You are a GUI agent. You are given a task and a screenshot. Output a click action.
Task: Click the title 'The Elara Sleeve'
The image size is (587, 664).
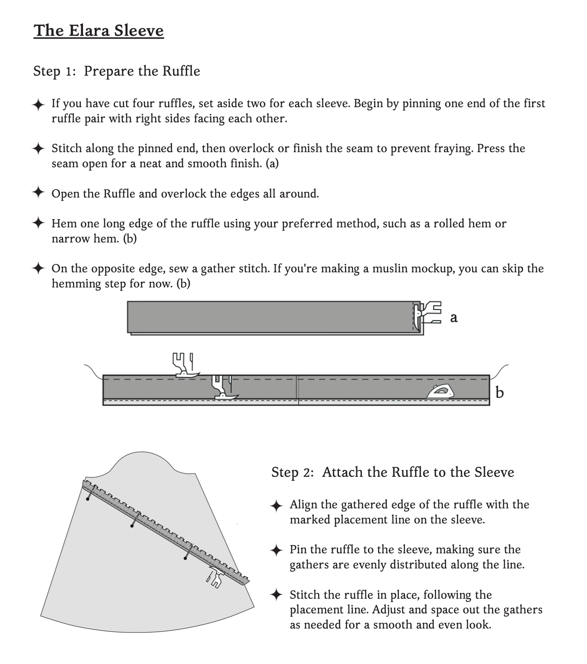coord(99,31)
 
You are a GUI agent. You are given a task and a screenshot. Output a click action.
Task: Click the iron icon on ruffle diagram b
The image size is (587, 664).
coord(440,392)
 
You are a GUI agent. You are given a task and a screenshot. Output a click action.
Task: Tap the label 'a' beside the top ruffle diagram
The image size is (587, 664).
coord(453,318)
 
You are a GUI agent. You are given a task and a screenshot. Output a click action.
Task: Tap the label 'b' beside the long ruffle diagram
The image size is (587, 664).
coord(500,393)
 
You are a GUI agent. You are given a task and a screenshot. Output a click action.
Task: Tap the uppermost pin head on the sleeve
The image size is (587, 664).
coord(88,499)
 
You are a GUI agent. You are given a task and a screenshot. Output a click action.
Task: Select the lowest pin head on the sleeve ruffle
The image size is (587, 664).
coord(185,559)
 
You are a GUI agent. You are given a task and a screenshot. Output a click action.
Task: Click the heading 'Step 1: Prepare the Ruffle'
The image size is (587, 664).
coord(117,71)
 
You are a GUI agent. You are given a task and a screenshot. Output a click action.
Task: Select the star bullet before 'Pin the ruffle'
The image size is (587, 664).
coord(276,550)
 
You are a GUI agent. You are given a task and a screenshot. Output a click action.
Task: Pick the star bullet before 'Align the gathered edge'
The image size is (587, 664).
coord(276,505)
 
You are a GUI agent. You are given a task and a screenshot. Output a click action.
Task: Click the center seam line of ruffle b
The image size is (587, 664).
coord(298,389)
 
